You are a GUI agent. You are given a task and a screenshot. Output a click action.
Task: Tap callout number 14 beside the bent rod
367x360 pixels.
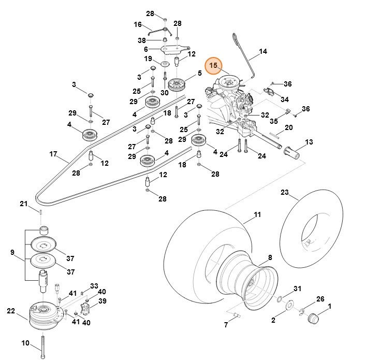click(x=263, y=51)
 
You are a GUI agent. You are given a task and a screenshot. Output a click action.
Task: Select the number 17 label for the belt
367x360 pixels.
click(x=53, y=154)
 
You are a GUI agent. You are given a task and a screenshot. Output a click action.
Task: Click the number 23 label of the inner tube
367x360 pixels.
click(x=284, y=192)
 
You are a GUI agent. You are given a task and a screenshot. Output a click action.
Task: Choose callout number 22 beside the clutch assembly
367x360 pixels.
click(x=11, y=311)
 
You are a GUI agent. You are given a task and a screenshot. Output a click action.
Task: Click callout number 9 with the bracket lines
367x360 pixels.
click(x=12, y=252)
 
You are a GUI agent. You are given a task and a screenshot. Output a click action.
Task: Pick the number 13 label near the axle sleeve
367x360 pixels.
click(x=309, y=142)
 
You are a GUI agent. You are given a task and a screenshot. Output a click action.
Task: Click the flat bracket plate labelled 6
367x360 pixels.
click(x=171, y=50)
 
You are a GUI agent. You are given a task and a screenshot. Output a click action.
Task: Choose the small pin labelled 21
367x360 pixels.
click(x=40, y=211)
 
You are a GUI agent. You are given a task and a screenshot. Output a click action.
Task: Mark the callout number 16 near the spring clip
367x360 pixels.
click(x=138, y=24)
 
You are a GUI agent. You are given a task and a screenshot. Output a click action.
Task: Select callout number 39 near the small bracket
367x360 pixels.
click(x=102, y=301)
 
